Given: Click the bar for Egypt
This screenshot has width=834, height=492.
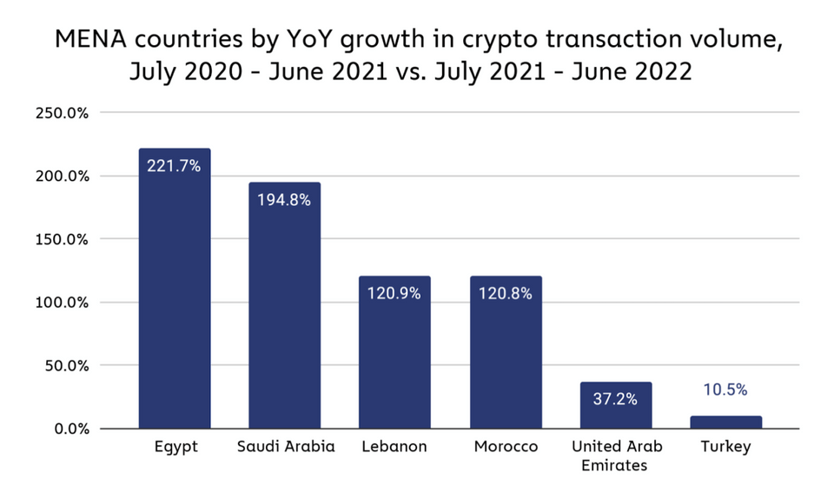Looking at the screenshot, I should coord(174,296).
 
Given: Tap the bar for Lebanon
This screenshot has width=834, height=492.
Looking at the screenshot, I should coord(394,356).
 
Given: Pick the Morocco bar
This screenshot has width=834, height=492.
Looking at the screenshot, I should coord(505,356).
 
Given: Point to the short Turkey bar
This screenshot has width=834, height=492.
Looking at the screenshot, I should coord(725,422).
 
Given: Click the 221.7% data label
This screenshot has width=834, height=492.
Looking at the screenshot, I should coord(174,165).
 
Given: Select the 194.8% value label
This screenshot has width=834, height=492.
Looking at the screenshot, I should coord(284,199).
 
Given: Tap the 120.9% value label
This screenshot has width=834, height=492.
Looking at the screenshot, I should coord(394,293).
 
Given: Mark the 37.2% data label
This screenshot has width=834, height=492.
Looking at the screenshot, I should coord(615,399).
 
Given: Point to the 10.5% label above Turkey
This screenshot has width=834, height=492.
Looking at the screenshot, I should coord(725,389).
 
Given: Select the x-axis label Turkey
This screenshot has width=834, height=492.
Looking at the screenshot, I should coord(725,447).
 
